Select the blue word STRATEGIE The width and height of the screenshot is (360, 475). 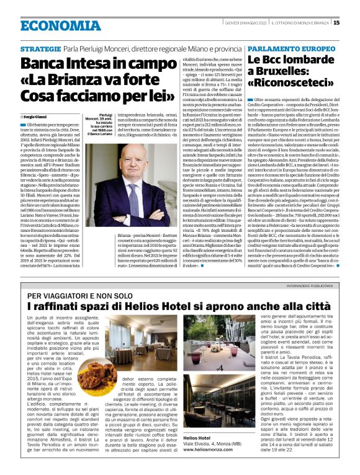click(40, 49)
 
